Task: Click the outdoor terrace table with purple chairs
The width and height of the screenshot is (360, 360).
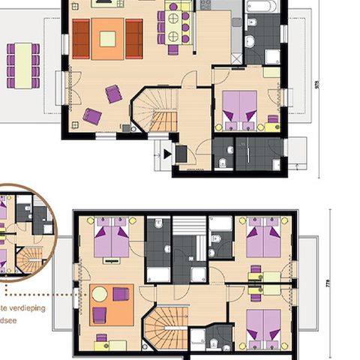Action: click(23, 65)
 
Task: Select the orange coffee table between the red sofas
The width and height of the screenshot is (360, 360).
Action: click(107, 38)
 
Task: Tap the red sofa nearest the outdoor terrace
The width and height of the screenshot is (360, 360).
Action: click(80, 38)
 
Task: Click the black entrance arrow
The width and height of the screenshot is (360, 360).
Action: click(168, 154)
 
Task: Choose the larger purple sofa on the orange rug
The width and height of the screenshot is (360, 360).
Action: click(121, 295)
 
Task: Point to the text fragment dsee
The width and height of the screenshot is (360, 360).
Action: click(12, 321)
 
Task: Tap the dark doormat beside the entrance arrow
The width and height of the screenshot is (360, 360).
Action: click(181, 154)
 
